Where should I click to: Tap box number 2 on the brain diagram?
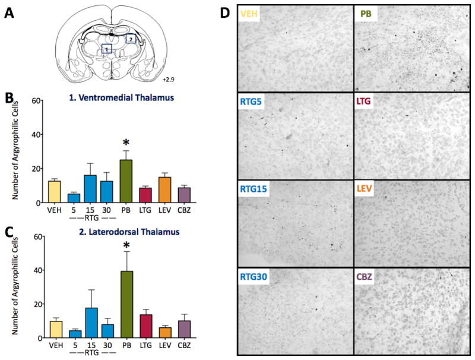pyautogui.click(x=130, y=39)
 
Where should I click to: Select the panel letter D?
pyautogui.click(x=225, y=11)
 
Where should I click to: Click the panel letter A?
pyautogui.click(x=9, y=11)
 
